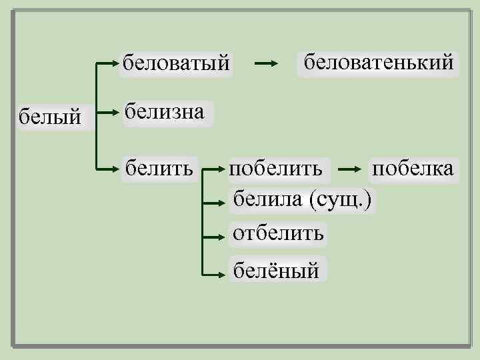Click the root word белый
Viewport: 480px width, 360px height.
(50, 118)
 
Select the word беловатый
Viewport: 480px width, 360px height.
(176, 63)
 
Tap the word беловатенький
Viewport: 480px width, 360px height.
(378, 63)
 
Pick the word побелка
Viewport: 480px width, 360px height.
(413, 168)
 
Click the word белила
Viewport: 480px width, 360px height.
(269, 199)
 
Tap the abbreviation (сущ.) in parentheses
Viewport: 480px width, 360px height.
(343, 199)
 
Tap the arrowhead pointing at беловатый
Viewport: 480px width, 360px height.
(115, 63)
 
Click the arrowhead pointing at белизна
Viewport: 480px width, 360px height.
(115, 113)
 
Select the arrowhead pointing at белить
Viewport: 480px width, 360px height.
(115, 169)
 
